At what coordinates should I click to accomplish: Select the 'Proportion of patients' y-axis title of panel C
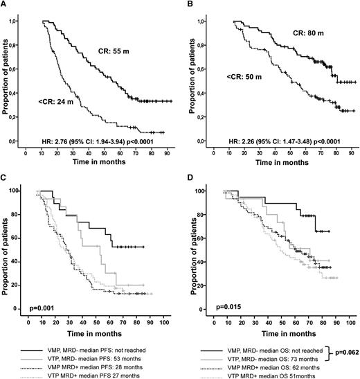(7, 250)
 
